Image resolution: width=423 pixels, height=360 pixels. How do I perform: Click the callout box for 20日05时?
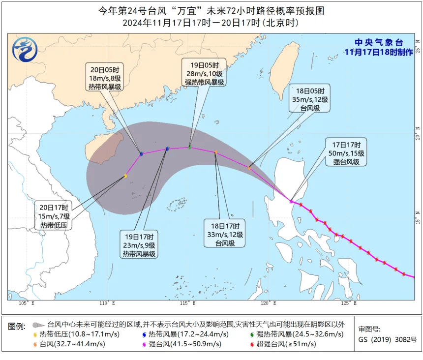104,77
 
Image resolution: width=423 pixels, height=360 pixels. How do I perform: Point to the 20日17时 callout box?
57,216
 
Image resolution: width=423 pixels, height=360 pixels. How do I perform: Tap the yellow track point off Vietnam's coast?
125,176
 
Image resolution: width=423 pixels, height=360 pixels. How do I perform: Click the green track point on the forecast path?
189,147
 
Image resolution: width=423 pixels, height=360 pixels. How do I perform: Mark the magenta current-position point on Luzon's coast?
291,201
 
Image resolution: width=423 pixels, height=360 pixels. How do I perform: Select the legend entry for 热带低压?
72,334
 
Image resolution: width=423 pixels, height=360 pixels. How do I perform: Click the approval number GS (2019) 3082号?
388,339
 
